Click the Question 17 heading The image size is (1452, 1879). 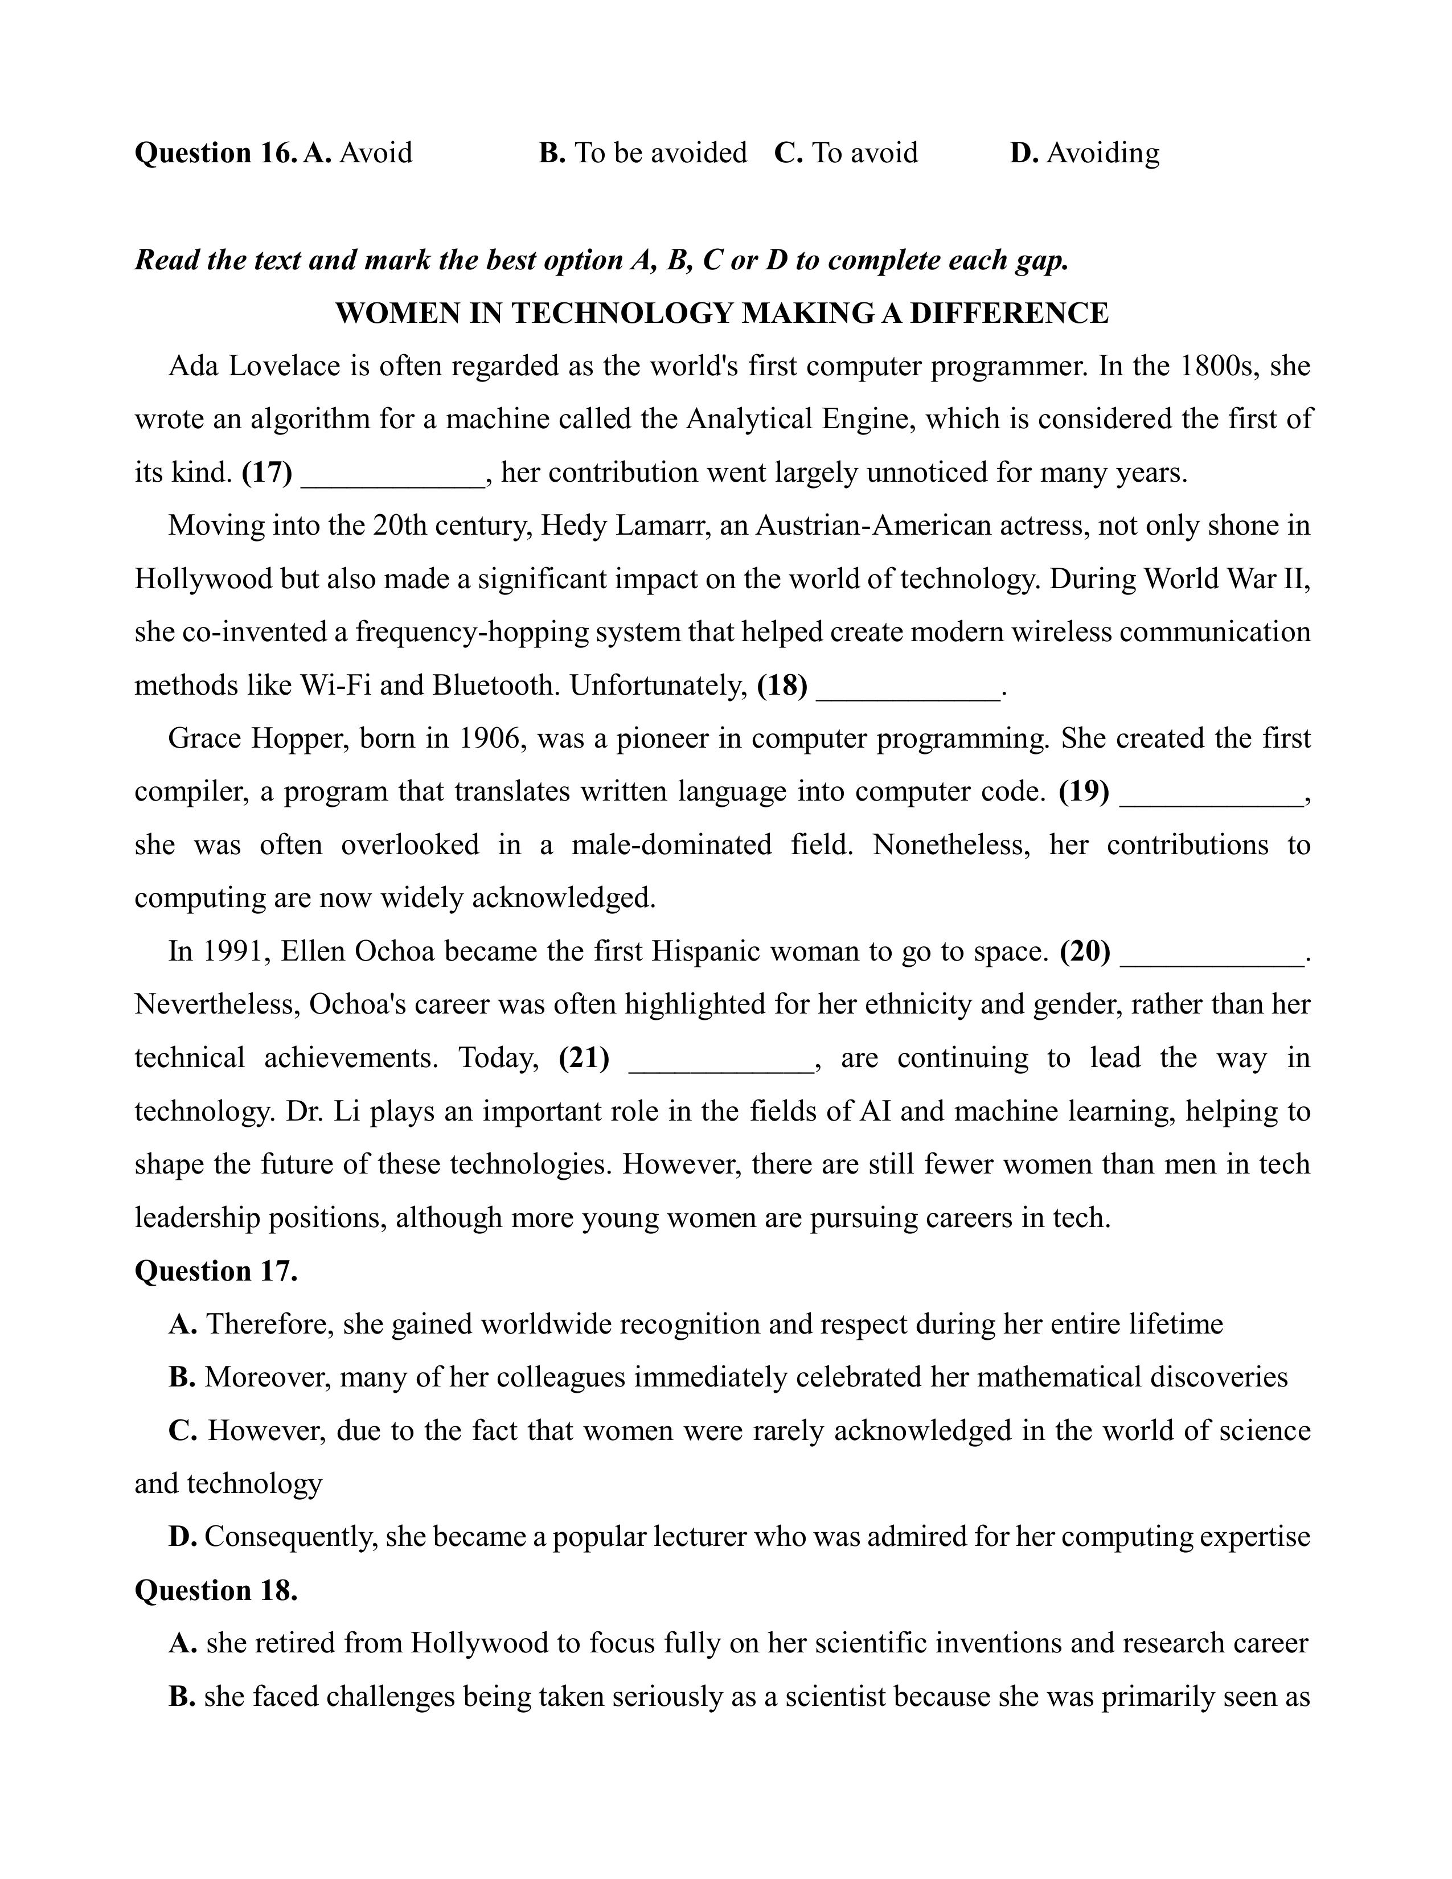pos(216,1271)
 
